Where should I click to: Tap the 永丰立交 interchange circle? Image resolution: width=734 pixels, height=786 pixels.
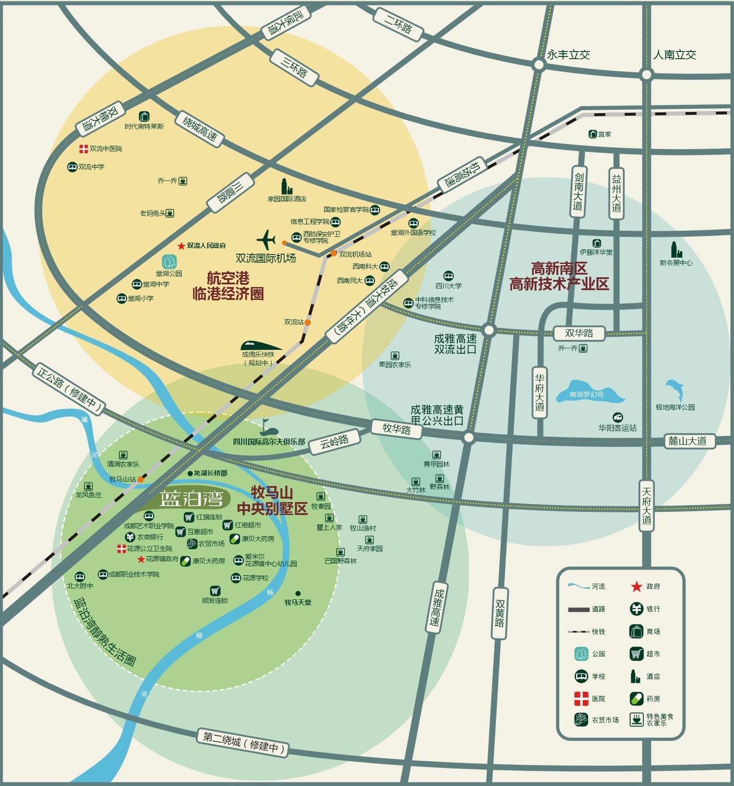(539, 65)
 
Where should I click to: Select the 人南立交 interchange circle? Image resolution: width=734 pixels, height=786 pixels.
(647, 74)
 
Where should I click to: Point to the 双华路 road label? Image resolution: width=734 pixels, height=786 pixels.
(579, 333)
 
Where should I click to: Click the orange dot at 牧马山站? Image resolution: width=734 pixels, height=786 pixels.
(140, 479)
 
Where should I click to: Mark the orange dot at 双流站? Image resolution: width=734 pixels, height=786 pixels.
(308, 323)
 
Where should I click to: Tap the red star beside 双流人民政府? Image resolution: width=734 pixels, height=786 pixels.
(181, 246)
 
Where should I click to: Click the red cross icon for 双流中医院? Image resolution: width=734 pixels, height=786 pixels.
(83, 149)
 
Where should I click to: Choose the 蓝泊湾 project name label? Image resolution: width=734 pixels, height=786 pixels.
(191, 499)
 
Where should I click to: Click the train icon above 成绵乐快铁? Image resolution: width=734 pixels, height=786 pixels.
(260, 345)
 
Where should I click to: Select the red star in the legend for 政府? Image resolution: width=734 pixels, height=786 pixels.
(636, 587)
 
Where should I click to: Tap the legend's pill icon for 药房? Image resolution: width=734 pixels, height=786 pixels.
(636, 698)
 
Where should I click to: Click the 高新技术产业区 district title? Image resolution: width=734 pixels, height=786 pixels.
(559, 284)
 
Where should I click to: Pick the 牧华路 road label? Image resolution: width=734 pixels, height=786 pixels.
(397, 429)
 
